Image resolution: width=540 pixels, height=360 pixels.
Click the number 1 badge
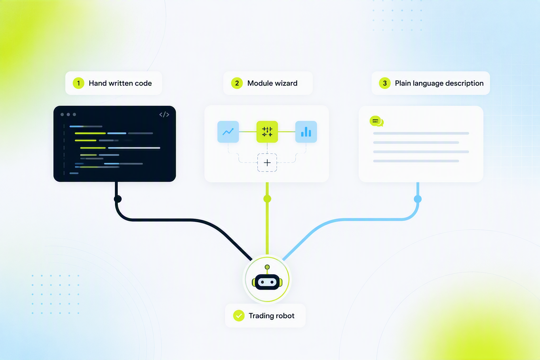[x=78, y=83]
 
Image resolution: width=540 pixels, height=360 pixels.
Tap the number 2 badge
[x=237, y=83]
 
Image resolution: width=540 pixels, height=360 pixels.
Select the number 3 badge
[x=385, y=83]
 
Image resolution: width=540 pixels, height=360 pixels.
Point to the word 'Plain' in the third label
[x=403, y=83]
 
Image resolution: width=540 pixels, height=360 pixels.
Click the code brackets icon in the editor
[x=164, y=115]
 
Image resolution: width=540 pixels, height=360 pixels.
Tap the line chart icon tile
[x=228, y=131]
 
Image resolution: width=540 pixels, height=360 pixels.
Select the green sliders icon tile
[x=267, y=131]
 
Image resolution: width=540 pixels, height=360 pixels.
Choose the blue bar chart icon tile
[x=306, y=131]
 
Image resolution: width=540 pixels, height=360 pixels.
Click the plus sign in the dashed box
[x=267, y=163]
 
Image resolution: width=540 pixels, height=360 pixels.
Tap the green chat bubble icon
[x=376, y=121]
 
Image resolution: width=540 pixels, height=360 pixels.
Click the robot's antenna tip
[x=267, y=267]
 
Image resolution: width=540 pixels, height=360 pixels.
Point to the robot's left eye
[x=263, y=282]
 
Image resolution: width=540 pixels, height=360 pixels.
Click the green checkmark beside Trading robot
[x=239, y=316]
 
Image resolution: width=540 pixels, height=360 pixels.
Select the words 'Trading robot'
[x=271, y=316]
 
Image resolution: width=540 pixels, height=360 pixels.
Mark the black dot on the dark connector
[x=118, y=199]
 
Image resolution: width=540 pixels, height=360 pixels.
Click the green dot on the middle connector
[x=267, y=199]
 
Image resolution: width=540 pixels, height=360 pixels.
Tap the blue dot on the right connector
[x=418, y=199]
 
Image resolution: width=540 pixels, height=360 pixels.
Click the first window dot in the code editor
[x=62, y=115]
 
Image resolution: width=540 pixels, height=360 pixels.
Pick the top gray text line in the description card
[x=421, y=133]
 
